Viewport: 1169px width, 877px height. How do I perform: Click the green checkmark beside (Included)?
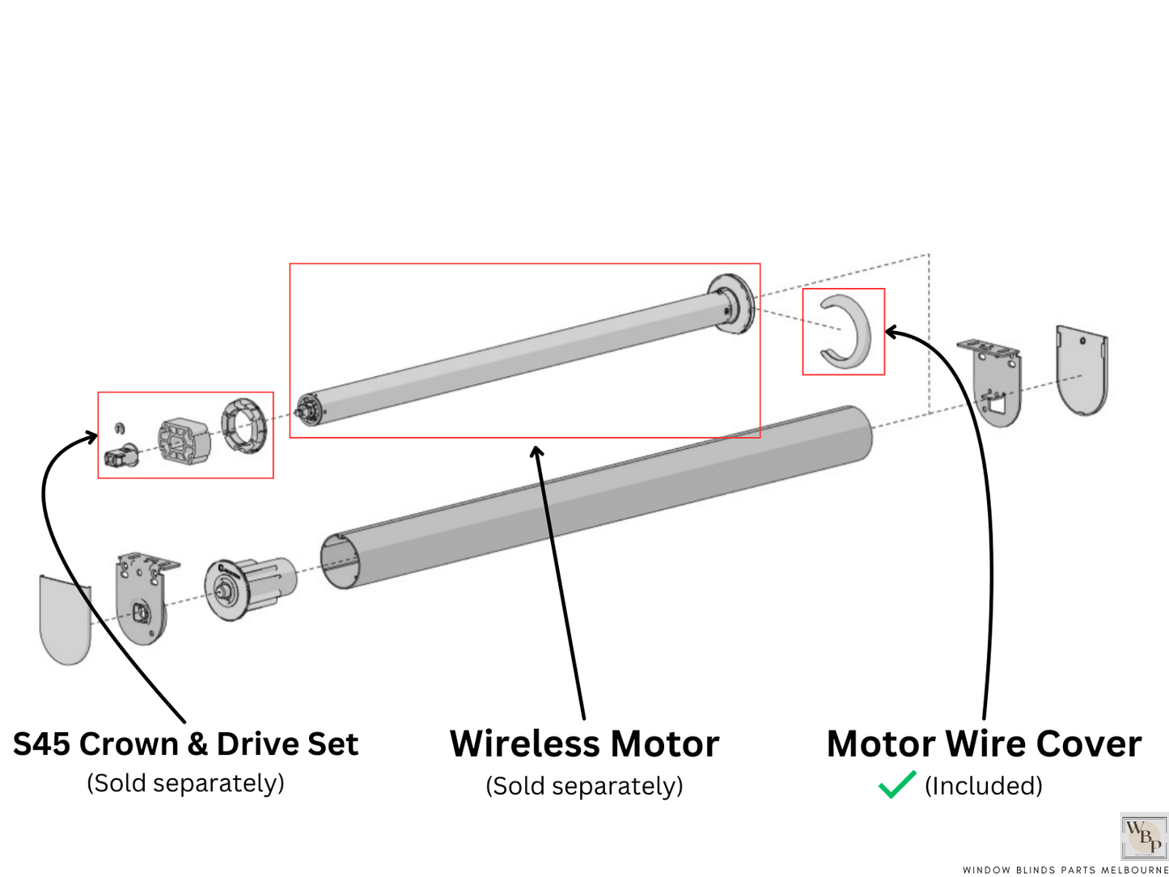(896, 785)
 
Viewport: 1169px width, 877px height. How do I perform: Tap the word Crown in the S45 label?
(129, 744)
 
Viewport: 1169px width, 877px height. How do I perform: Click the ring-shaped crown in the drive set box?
(244, 424)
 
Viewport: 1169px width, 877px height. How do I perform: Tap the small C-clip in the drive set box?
(120, 427)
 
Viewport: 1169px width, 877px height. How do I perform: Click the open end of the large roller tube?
(339, 561)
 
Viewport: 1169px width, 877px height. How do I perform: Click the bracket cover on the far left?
(65, 619)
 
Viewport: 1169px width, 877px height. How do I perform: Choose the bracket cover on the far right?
(1082, 369)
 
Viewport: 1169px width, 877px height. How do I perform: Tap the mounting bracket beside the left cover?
(145, 597)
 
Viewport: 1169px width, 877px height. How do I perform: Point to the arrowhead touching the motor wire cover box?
(892, 331)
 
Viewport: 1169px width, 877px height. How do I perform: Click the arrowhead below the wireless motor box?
(536, 451)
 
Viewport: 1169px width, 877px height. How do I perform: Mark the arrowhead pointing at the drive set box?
(90, 438)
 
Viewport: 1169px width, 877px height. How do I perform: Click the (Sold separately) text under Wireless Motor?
(584, 786)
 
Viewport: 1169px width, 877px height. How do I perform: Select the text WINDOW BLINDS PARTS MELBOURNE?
(1065, 870)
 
